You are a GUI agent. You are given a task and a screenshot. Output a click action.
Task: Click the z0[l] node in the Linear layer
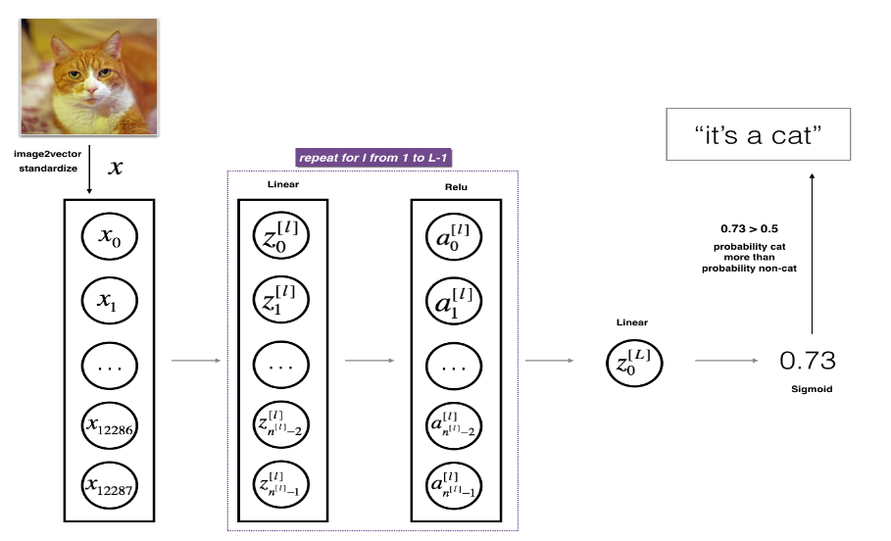coord(283,235)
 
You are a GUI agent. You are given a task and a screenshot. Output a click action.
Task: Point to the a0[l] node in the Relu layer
coord(457,235)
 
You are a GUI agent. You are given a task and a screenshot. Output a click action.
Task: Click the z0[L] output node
coord(634,362)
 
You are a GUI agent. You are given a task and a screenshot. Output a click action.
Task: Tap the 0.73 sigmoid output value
coord(807,361)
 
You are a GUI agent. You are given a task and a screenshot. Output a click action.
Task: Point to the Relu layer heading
coord(456,186)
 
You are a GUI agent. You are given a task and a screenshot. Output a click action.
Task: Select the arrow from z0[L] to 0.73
coord(726,361)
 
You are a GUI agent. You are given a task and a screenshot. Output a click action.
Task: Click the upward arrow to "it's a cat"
coord(813,255)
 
